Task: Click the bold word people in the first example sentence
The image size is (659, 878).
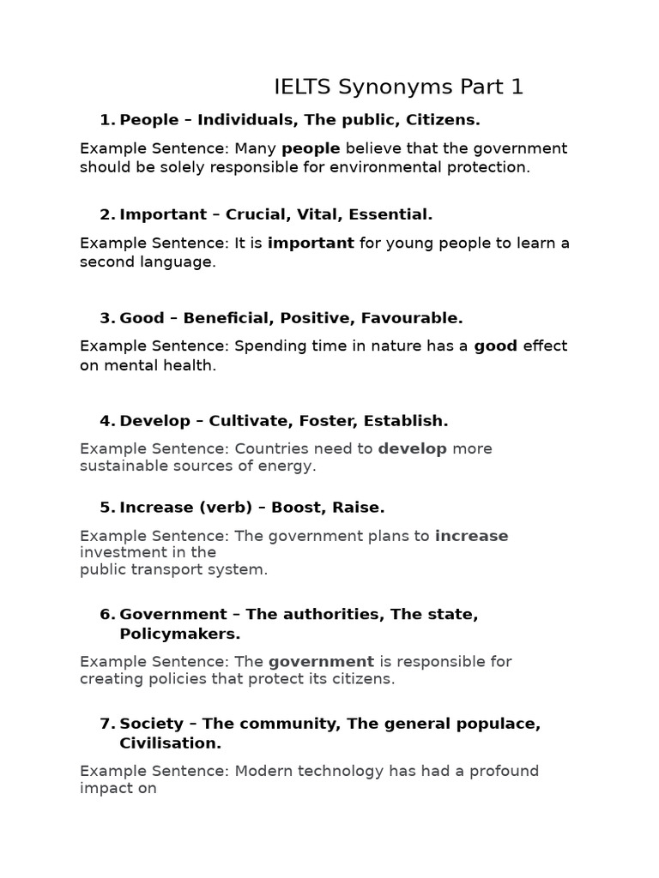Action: [311, 148]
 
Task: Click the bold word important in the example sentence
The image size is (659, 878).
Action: [311, 243]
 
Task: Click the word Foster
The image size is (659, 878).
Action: [328, 421]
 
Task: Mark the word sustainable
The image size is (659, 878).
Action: [120, 466]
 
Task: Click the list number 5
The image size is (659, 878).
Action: [106, 507]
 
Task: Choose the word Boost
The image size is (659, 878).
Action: [298, 507]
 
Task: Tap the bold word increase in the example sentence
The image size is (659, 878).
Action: [471, 536]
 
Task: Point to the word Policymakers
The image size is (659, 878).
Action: [180, 634]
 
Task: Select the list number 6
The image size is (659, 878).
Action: [106, 615]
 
